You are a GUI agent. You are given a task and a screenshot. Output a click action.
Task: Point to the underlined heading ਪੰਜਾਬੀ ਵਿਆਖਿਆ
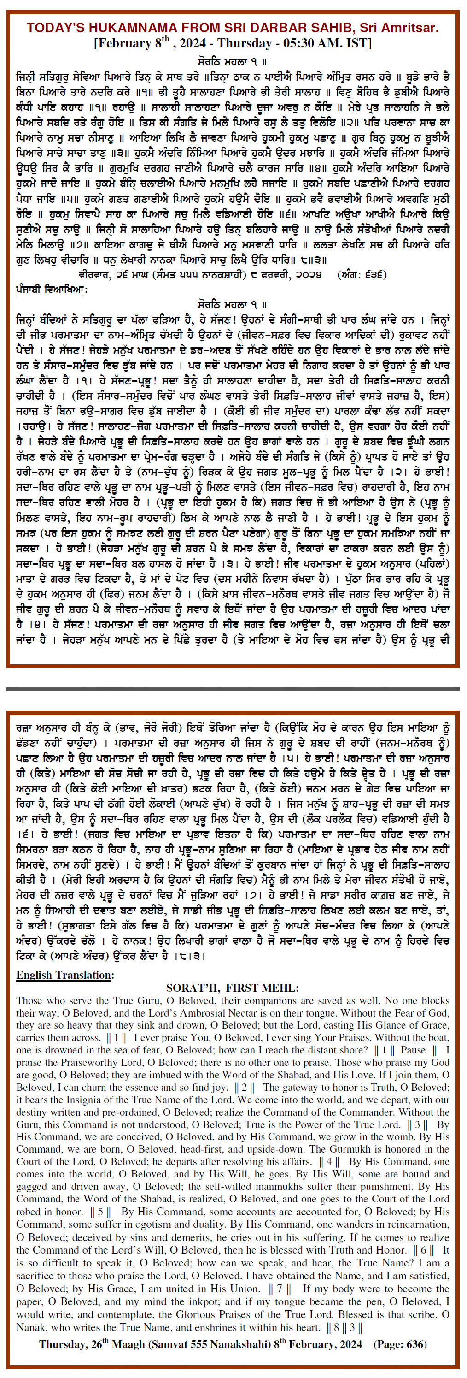[x=51, y=290]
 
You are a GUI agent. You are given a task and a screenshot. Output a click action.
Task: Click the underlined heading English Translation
[x=64, y=975]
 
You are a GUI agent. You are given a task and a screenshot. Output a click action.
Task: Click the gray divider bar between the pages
[x=233, y=689]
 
